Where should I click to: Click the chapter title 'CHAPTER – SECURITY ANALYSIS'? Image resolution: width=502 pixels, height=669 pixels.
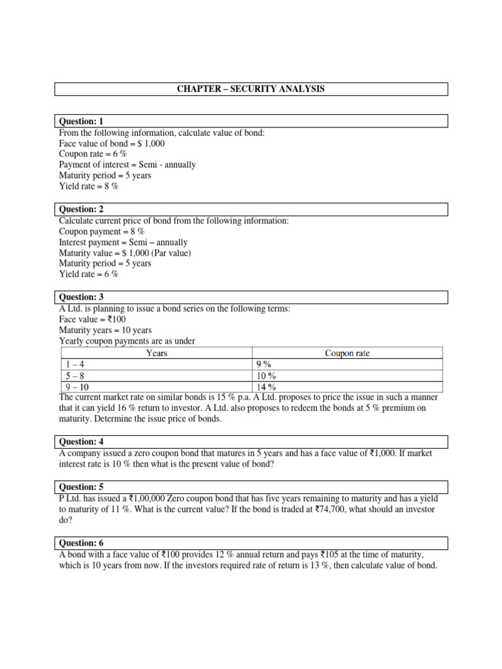click(251, 89)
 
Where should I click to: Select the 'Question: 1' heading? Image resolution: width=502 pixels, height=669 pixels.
click(82, 122)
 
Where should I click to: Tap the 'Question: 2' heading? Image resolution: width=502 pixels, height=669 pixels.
click(82, 210)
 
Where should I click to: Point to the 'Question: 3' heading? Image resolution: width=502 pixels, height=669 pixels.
click(82, 297)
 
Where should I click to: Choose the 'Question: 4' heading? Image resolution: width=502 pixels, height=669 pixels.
click(82, 442)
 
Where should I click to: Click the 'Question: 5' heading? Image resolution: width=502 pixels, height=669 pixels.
click(82, 487)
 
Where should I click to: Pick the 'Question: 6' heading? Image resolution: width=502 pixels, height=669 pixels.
click(82, 543)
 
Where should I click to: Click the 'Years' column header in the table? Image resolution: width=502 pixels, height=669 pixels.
click(157, 353)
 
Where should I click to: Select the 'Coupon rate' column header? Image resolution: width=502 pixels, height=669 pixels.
click(347, 353)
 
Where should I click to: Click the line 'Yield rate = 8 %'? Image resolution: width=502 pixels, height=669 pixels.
click(89, 186)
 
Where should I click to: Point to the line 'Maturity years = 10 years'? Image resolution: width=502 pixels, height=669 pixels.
click(105, 331)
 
